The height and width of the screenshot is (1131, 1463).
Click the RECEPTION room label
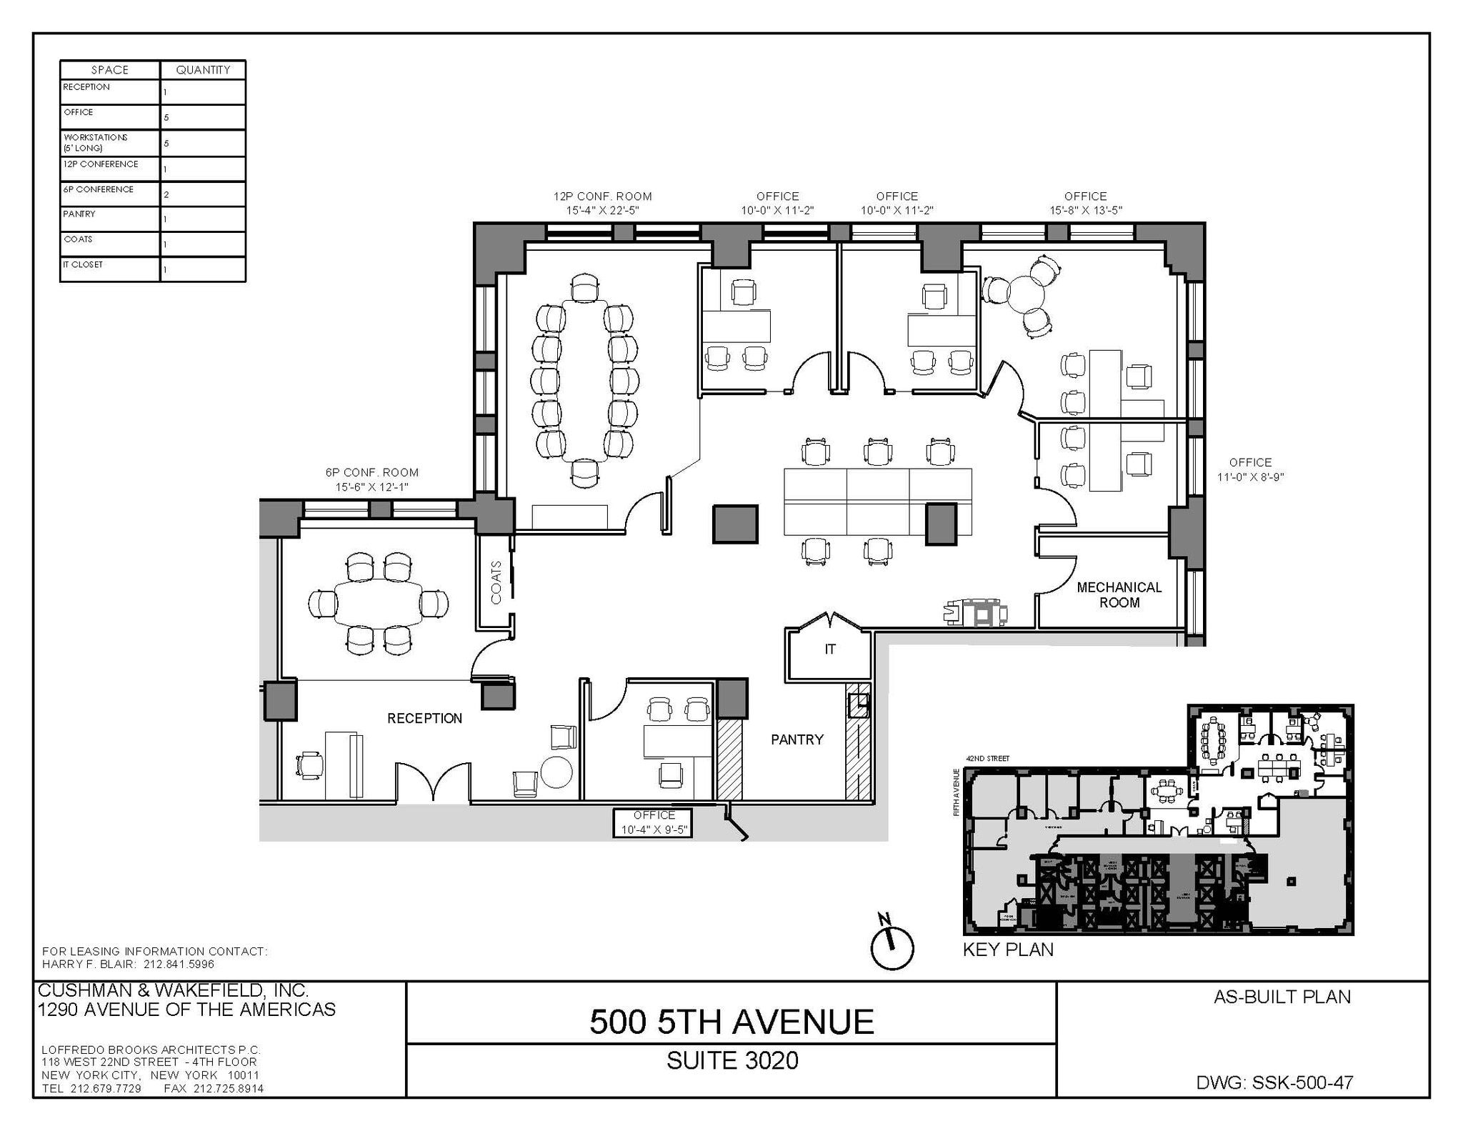pos(424,718)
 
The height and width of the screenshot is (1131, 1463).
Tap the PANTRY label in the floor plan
pos(797,739)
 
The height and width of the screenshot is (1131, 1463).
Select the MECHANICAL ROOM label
pos(1119,594)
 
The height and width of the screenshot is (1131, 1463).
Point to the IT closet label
pos(829,649)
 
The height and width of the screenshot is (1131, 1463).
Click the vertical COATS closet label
pos(496,582)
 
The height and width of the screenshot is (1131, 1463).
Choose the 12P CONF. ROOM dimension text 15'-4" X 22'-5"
pos(602,210)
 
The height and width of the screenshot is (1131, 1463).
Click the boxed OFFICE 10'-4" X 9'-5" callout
pos(653,822)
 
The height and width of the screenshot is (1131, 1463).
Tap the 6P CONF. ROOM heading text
pos(371,472)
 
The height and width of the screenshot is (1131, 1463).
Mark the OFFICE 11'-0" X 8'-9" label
pos(1250,469)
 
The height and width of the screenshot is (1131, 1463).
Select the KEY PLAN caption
pos(1008,950)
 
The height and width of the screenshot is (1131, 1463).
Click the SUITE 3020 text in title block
pos(731,1060)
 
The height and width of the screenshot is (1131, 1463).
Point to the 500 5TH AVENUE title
pos(731,1022)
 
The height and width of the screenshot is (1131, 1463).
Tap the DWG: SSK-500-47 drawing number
pos(1274,1082)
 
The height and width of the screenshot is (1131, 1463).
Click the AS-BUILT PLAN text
pos(1282,997)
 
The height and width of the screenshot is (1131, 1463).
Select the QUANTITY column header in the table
pos(203,70)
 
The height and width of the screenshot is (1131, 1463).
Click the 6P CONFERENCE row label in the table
pos(99,189)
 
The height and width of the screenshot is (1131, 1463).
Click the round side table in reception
pos(556,772)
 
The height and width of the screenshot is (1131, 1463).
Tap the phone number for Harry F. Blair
pos(179,964)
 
